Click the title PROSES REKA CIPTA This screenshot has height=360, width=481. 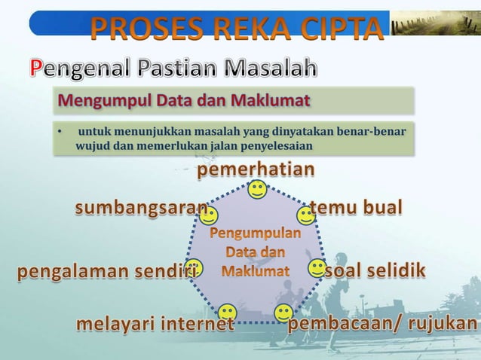236,29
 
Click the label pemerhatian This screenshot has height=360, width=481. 256,170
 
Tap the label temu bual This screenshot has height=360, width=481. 357,207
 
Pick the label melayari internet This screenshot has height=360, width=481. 154,325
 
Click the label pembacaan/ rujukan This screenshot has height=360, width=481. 383,324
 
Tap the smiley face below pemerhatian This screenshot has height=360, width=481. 257,190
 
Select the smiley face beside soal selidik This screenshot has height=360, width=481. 317,268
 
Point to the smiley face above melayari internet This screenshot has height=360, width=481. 228,311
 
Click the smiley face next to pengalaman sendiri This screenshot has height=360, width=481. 195,267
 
